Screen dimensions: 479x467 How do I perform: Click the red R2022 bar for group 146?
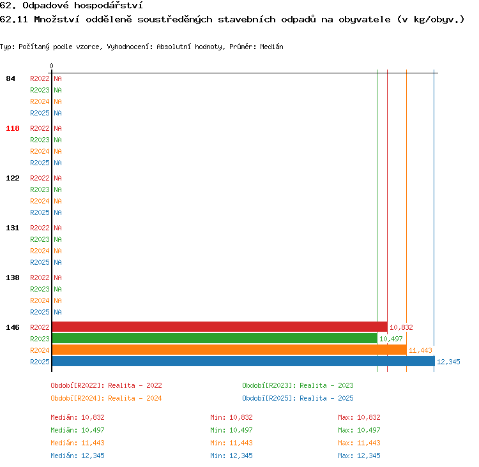pyautogui.click(x=220, y=327)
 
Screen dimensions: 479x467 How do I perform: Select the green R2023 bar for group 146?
pyautogui.click(x=215, y=338)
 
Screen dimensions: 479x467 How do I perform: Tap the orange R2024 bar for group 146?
pyautogui.click(x=229, y=350)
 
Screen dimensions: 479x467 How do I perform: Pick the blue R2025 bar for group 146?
pyautogui.click(x=243, y=361)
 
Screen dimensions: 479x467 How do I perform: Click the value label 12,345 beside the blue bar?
pyautogui.click(x=448, y=362)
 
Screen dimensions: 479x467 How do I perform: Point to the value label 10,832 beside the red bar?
pyautogui.click(x=401, y=327)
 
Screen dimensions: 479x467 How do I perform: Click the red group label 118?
pyautogui.click(x=13, y=128)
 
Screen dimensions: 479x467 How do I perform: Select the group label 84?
pyautogui.click(x=10, y=78)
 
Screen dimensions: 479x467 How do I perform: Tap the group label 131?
pyautogui.click(x=13, y=228)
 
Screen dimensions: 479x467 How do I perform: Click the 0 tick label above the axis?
pyautogui.click(x=51, y=66)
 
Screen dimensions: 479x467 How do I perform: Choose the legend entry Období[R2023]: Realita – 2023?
pyautogui.click(x=298, y=385)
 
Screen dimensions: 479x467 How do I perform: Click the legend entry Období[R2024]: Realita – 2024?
pyautogui.click(x=106, y=398)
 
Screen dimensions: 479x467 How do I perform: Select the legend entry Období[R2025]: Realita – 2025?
pyautogui.click(x=298, y=398)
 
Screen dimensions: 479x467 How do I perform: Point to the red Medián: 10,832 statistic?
pyautogui.click(x=77, y=417)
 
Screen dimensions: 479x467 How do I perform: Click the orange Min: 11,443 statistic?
pyautogui.click(x=232, y=443)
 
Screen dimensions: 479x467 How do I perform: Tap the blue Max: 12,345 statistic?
pyautogui.click(x=359, y=456)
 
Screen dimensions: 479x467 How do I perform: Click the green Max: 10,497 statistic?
pyautogui.click(x=359, y=430)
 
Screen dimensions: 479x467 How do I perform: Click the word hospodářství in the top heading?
pyautogui.click(x=109, y=6)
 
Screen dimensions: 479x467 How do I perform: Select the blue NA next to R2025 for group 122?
pyautogui.click(x=57, y=212)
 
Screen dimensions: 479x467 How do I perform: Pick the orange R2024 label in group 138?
pyautogui.click(x=40, y=300)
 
